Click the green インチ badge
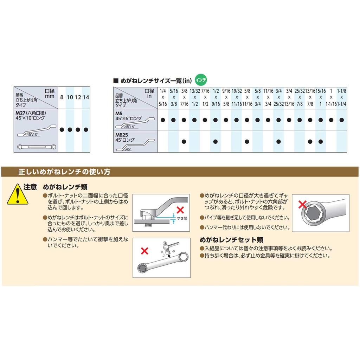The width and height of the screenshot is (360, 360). pos(201,79)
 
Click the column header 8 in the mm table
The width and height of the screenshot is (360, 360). pos(62,97)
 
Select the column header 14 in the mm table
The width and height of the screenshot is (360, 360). pos(86,97)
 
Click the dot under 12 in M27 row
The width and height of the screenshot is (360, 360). pos(78,130)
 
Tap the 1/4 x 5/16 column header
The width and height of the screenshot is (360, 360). pos(163,97)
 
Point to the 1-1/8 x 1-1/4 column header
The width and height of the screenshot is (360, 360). pos(341,97)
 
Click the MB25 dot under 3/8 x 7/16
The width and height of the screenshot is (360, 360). pos(184,142)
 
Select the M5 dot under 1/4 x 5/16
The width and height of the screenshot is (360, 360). pos(163,120)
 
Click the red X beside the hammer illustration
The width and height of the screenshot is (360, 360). pos(144,251)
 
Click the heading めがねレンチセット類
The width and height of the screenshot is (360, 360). pos(231,240)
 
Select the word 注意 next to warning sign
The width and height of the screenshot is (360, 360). pos(30,187)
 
